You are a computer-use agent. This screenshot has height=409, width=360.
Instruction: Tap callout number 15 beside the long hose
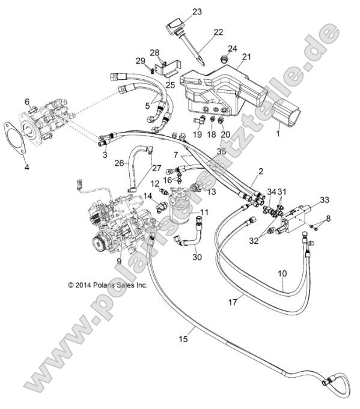pyautogui.click(x=184, y=339)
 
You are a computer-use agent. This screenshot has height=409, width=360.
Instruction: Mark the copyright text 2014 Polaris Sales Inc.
pyautogui.click(x=108, y=286)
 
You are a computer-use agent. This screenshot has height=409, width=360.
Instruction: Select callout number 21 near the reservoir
pyautogui.click(x=245, y=57)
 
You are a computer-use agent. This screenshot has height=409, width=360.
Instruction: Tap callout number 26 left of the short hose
pyautogui.click(x=119, y=162)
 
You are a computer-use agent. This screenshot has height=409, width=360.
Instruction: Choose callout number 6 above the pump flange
pyautogui.click(x=27, y=101)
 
